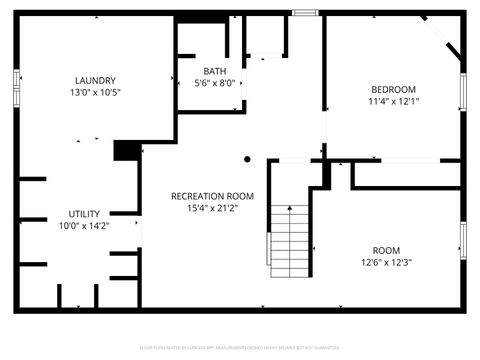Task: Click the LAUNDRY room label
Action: (x=96, y=81)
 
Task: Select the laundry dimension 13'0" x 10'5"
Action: (x=96, y=93)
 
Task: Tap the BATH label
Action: (x=215, y=71)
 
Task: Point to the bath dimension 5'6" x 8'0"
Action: (x=215, y=84)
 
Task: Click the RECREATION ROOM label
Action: (x=212, y=196)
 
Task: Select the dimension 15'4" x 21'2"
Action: (x=212, y=209)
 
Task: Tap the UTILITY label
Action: (x=84, y=214)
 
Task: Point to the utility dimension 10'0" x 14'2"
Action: (x=84, y=227)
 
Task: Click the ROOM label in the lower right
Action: (x=386, y=250)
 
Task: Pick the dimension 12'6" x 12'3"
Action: (x=386, y=263)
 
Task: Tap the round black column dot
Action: (x=248, y=158)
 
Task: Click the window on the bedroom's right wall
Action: (x=463, y=91)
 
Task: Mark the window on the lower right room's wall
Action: (x=463, y=239)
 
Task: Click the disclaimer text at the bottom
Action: (x=240, y=348)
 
